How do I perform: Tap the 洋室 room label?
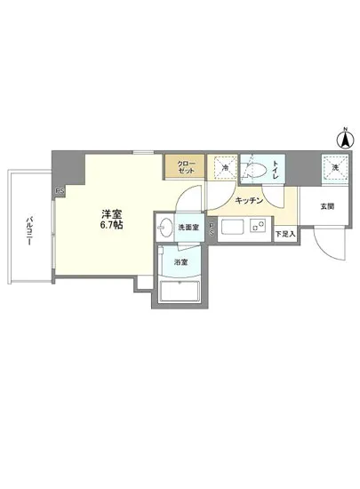(111, 214)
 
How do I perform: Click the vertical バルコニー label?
(29, 232)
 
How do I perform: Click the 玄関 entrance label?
(327, 207)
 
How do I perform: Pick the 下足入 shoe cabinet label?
(284, 234)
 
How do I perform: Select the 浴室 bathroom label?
(180, 262)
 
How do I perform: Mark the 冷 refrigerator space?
(226, 168)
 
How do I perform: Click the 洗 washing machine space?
(334, 167)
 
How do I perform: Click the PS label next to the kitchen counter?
(210, 228)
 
